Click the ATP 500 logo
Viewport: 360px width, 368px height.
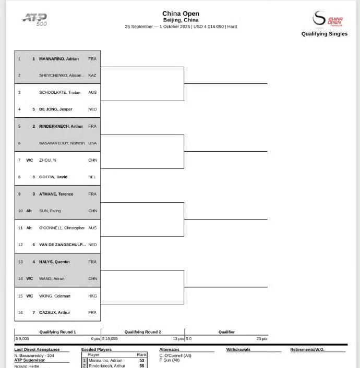tap(34, 19)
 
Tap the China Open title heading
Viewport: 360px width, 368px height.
tap(181, 14)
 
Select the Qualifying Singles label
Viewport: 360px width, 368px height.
tap(324, 34)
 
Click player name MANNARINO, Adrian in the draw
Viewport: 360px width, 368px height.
tap(59, 59)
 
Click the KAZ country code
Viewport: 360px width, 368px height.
tap(92, 76)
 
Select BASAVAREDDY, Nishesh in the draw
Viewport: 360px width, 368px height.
tap(62, 143)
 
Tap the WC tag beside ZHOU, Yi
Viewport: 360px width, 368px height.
tap(29, 160)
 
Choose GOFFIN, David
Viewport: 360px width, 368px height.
tap(53, 177)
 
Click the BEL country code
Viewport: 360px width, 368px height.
tap(92, 177)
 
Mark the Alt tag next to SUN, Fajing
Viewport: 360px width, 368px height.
tap(29, 211)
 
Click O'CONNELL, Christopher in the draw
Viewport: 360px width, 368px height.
tap(62, 228)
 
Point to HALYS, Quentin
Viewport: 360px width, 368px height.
tap(55, 262)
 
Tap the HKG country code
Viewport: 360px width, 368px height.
tap(92, 296)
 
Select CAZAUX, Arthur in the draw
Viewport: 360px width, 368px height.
tap(55, 313)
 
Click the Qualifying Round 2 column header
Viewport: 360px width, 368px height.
tap(142, 332)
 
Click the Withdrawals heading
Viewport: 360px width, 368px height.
tap(238, 350)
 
